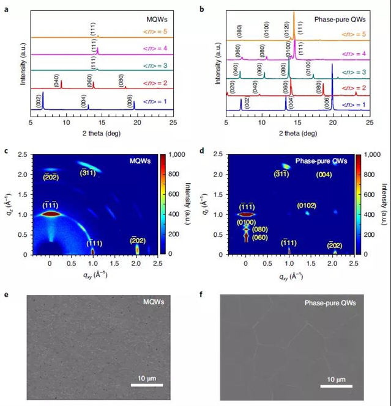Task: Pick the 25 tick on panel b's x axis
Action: (x=369, y=123)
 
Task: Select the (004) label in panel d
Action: (x=324, y=175)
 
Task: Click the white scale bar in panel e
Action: (x=147, y=385)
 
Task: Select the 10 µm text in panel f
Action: (x=335, y=379)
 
